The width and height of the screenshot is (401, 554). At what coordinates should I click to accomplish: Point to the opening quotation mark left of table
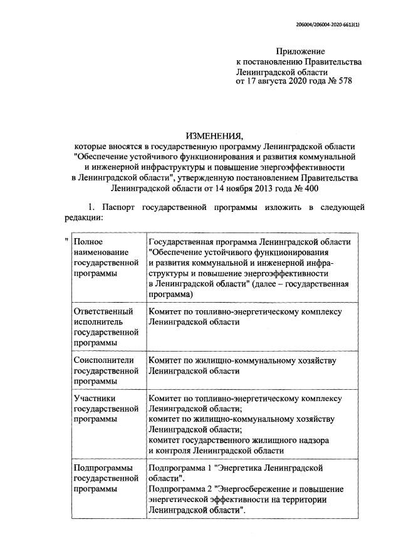click(66, 240)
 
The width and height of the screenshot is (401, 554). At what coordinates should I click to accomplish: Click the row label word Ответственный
click(103, 311)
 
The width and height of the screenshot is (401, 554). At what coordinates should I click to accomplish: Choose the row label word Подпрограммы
click(103, 468)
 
